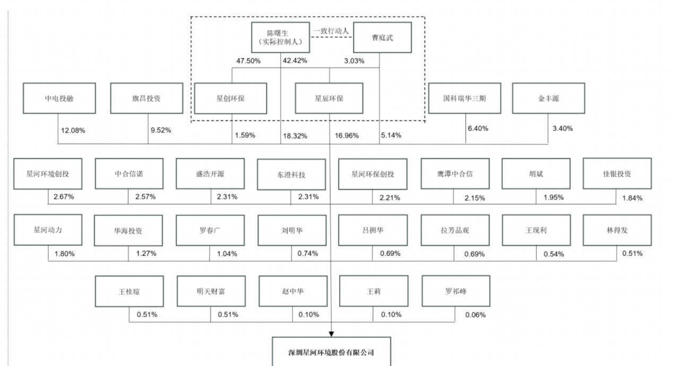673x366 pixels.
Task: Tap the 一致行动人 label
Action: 331,31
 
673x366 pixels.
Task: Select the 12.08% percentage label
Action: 73,130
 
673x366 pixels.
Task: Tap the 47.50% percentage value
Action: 248,61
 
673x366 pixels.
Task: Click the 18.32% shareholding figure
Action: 295,136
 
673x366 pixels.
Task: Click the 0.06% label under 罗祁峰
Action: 476,315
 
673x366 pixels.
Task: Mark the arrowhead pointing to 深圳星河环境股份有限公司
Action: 331,334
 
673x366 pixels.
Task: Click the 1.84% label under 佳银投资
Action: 632,198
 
